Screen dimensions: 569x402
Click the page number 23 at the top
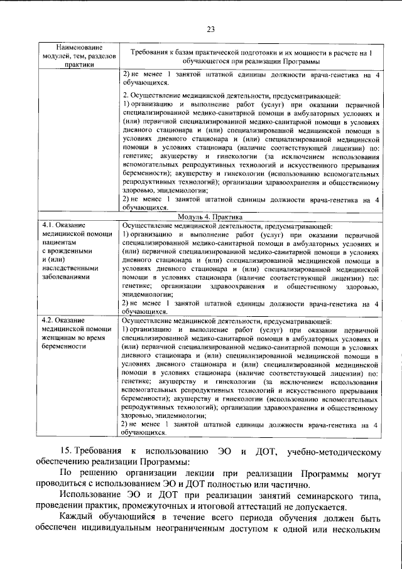[x=210, y=29]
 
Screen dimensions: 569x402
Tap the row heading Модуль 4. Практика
[x=211, y=216]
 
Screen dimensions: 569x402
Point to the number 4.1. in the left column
[x=50, y=224]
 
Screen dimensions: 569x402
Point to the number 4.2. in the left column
[x=50, y=321]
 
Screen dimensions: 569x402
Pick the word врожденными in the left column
[x=69, y=250]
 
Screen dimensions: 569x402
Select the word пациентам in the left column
[x=60, y=242]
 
